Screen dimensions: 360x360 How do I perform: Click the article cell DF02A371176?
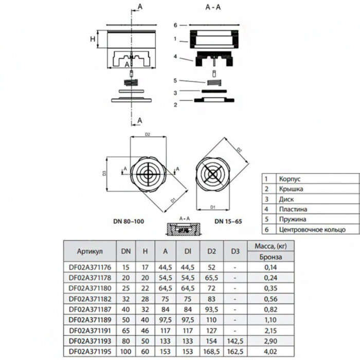coord(89,268)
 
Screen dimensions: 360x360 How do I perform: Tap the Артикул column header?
coord(89,251)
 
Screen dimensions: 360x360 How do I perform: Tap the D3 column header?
coord(235,251)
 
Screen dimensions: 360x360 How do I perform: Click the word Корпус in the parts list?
coord(290,179)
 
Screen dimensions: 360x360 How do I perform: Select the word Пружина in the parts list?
coord(292,220)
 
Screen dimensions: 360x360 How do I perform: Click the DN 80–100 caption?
coord(128,221)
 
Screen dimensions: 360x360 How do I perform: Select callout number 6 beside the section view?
coord(175,25)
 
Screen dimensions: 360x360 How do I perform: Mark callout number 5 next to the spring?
coord(175,81)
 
